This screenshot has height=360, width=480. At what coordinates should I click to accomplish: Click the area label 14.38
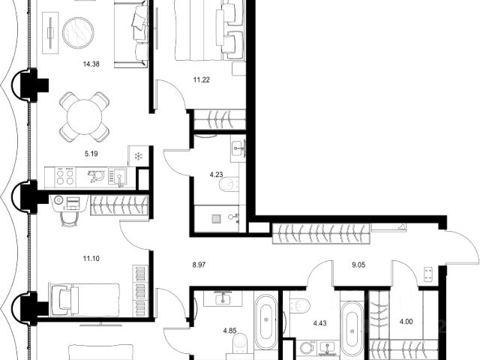[91, 64]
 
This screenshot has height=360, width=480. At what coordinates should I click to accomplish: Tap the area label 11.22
[202, 80]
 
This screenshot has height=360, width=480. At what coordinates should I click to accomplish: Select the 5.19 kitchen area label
[91, 154]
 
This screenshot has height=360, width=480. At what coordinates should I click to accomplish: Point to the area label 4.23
[216, 175]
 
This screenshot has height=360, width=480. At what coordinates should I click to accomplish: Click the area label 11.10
[91, 259]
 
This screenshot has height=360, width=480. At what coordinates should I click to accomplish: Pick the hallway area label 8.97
[199, 265]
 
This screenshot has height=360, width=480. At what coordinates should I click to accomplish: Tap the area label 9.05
[358, 265]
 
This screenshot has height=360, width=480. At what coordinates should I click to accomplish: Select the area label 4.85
[230, 331]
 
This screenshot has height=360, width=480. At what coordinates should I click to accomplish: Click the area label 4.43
[319, 323]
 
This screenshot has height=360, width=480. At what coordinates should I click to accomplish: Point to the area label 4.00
[406, 322]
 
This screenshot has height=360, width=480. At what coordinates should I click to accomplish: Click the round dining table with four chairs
[85, 117]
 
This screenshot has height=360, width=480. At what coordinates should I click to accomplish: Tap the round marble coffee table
[78, 33]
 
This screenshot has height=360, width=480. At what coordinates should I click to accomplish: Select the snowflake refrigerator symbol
[139, 157]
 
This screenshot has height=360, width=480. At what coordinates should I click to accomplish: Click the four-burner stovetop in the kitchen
[65, 177]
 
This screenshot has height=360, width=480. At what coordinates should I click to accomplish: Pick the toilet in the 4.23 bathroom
[229, 184]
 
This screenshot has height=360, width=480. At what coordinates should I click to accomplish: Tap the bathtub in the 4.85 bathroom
[265, 322]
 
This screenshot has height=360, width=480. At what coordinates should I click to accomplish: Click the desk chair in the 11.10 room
[67, 217]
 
